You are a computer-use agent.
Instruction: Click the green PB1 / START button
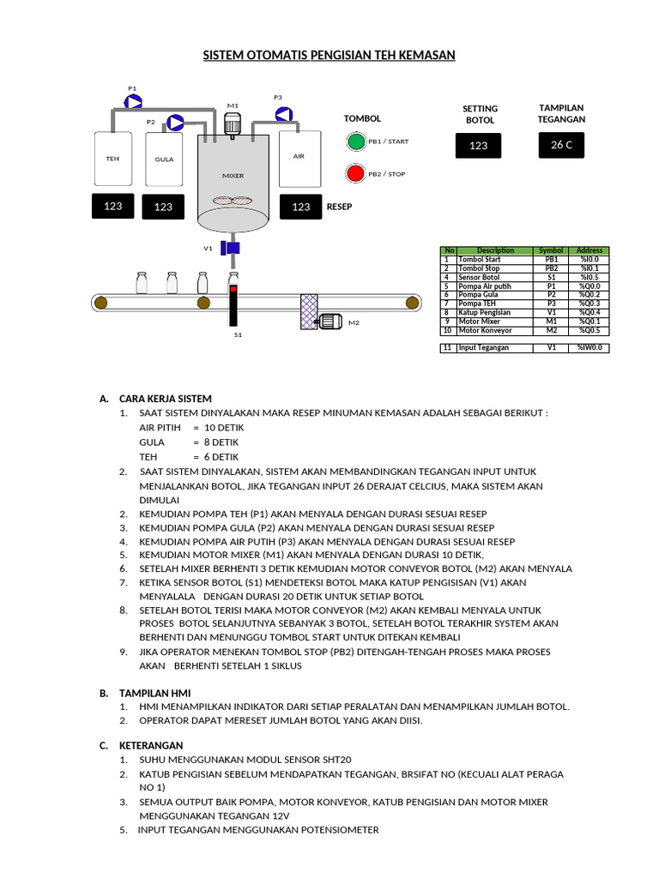coord(355,141)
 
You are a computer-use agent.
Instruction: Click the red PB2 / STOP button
coord(355,173)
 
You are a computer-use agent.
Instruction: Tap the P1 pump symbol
coord(133,101)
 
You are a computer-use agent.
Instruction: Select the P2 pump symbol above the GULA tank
coord(175,122)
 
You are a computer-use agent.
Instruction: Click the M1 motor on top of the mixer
coord(232,124)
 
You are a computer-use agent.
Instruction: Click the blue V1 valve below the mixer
coord(231,248)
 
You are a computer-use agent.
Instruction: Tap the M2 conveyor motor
coord(329,322)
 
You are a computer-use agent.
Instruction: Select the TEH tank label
coord(112,159)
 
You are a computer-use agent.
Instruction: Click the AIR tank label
coord(299,156)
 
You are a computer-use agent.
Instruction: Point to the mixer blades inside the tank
coord(233,200)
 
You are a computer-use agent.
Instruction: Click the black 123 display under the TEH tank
coord(112,206)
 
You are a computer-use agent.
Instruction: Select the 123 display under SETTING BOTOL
coord(479,146)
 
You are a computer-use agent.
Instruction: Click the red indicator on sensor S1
coord(233,288)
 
